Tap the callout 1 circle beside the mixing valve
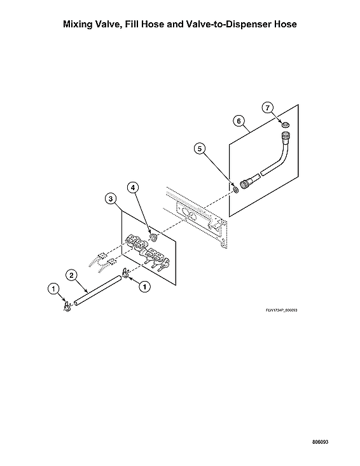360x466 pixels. [144, 287]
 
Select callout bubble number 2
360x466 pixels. [72, 275]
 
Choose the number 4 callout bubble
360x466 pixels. [133, 188]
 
